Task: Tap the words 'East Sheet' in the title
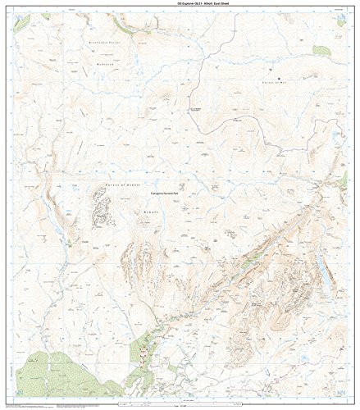click(x=212, y=4)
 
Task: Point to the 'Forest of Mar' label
click(x=279, y=82)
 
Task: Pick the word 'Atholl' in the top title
click(x=194, y=4)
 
